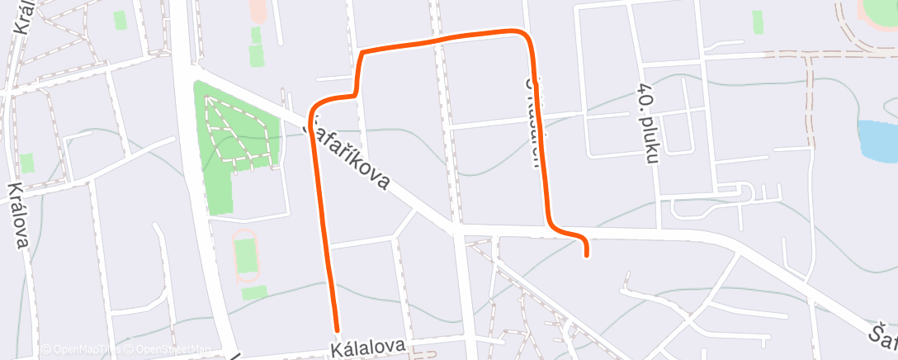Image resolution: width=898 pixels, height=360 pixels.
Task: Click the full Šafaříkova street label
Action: pyautogui.click(x=347, y=157)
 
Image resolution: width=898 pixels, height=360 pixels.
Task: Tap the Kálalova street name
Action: pyautogui.click(x=369, y=348)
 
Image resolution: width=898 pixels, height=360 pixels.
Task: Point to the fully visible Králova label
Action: pyautogui.click(x=19, y=216)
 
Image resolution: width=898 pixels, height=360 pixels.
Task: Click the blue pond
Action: pyautogui.click(x=877, y=140)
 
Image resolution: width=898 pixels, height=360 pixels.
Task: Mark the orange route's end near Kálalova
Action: pyautogui.click(x=337, y=329)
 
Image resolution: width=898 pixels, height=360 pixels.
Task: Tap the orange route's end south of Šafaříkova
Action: pyautogui.click(x=586, y=256)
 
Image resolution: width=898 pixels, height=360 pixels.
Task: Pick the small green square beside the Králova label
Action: pyautogui.click(x=27, y=163)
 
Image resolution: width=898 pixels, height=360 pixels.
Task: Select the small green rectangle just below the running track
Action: pyautogui.click(x=254, y=292)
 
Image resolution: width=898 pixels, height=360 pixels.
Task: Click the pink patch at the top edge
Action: pyautogui.click(x=258, y=10)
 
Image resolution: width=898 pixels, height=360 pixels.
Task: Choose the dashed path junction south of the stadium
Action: pyautogui.click(x=810, y=54)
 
